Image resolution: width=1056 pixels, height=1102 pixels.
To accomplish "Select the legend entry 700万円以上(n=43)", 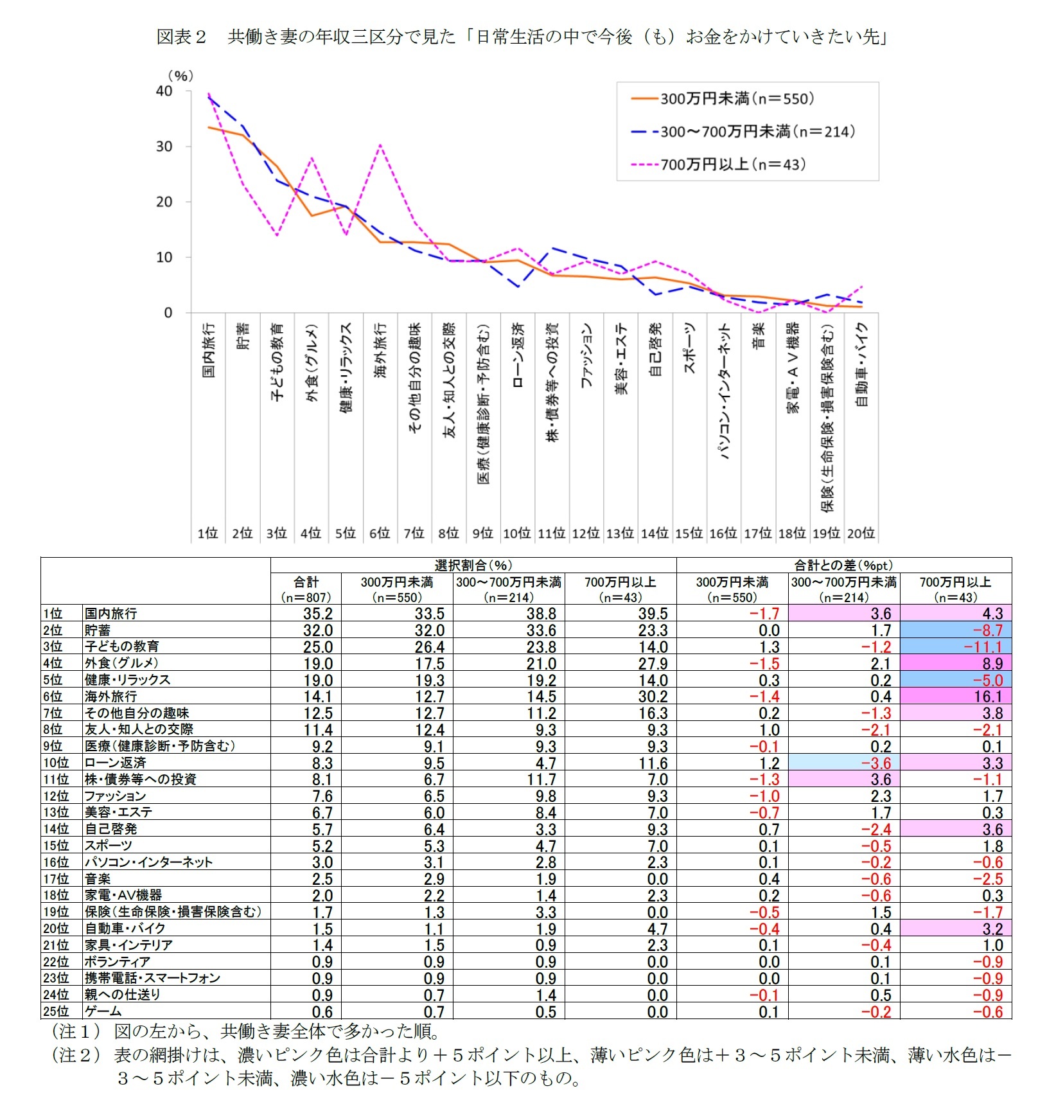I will [732, 164].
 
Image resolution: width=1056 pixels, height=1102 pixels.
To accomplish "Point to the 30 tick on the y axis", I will [164, 147].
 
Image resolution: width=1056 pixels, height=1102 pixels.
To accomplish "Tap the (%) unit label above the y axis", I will [180, 76].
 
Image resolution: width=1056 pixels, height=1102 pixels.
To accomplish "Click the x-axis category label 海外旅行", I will [380, 350].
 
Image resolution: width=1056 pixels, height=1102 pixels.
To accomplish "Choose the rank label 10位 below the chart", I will [516, 533].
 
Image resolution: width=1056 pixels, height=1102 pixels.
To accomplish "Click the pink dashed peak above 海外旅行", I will [380, 145].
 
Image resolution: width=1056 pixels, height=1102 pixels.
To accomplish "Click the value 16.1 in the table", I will [987, 697].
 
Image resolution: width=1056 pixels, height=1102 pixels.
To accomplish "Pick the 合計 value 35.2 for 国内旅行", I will [318, 614].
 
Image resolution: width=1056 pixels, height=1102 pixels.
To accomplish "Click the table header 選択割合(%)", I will [473, 565].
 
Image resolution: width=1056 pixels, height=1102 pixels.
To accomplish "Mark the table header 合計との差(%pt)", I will [843, 565].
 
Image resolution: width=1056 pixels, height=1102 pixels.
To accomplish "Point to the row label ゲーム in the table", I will [103, 1011].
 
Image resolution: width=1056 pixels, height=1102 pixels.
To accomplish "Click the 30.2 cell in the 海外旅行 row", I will [653, 697].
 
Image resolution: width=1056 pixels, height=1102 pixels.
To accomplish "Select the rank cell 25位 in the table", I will [56, 1011].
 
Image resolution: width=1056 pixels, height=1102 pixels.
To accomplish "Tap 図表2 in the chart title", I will [181, 37].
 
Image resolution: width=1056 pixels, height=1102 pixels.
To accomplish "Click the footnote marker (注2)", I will [76, 1054].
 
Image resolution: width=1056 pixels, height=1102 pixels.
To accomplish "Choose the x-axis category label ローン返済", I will [518, 355].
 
